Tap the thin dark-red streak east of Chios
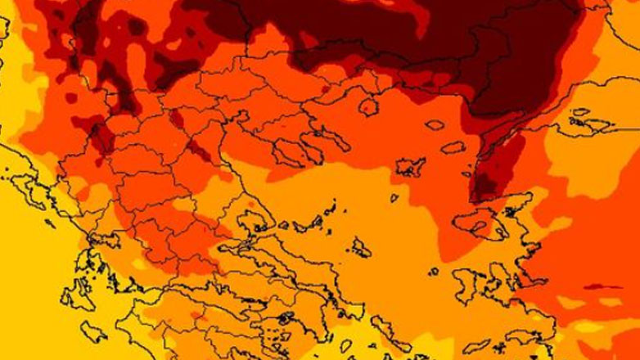point(601,286)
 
